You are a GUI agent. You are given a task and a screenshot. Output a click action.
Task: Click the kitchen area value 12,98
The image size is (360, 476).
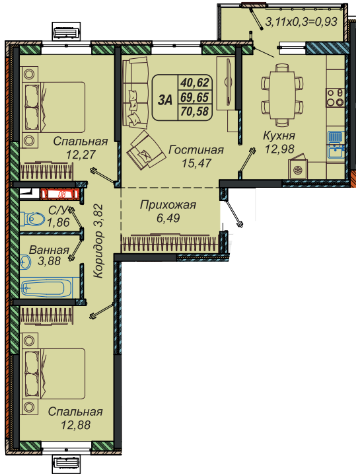(279, 149)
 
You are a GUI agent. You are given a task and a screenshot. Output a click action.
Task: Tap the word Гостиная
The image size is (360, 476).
(196, 150)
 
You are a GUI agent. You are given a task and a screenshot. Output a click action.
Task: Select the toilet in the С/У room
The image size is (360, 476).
(32, 219)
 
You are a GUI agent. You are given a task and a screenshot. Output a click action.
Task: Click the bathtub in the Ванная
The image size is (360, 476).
(46, 288)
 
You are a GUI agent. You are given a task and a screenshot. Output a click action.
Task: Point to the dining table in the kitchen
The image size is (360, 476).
(282, 95)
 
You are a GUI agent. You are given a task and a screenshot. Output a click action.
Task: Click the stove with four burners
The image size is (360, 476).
(335, 97)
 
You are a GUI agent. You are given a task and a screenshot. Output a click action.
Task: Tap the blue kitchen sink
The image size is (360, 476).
(336, 145)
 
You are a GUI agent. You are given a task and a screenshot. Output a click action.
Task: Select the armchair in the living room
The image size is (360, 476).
(146, 150)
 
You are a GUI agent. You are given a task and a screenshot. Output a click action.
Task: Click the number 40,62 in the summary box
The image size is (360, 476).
(195, 83)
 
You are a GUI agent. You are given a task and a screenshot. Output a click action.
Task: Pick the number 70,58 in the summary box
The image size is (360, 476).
(195, 112)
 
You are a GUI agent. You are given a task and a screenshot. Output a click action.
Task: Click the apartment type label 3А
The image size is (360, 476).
(165, 100)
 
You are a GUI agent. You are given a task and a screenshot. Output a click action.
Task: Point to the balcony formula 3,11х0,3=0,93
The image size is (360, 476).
(301, 22)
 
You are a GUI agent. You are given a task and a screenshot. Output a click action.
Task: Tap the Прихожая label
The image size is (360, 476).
(168, 205)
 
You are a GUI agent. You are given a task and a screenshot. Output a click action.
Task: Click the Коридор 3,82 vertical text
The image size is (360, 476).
(98, 241)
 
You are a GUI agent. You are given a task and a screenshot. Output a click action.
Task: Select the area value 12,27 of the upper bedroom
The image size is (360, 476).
(81, 155)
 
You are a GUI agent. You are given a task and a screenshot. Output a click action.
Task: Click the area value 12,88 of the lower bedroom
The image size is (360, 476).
(76, 424)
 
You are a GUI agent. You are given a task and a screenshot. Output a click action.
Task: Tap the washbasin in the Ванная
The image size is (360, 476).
(26, 261)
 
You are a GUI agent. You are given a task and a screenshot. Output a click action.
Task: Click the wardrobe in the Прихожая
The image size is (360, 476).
(170, 243)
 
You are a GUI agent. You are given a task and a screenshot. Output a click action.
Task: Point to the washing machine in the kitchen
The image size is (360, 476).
(298, 169)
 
